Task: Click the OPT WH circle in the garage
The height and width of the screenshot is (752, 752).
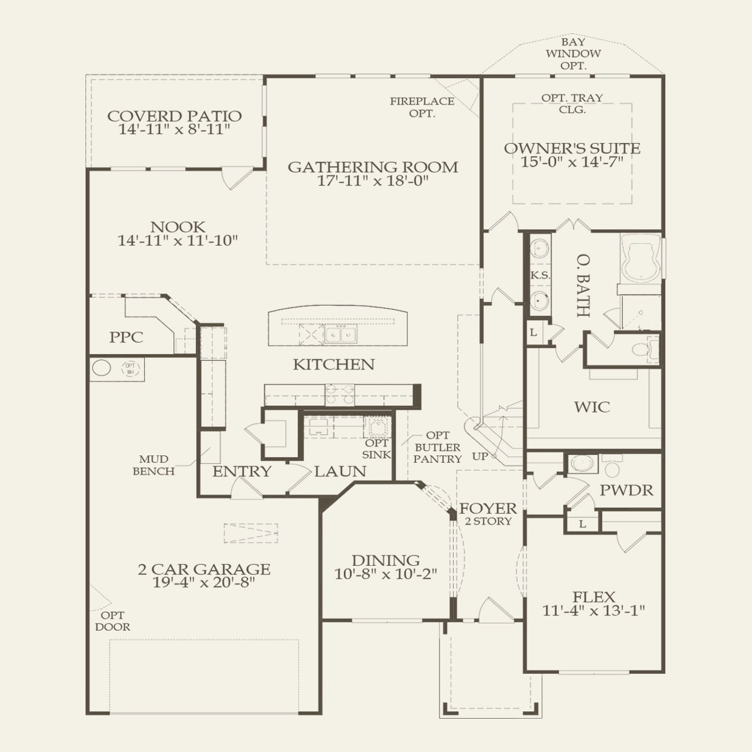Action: pos(130,368)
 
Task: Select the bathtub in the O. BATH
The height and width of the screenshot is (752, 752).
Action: pos(640,258)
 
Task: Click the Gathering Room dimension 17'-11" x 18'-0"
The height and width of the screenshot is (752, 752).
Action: pos(373,181)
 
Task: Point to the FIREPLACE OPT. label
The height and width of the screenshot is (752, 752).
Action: pos(422,107)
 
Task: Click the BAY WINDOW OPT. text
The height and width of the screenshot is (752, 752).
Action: pos(573,54)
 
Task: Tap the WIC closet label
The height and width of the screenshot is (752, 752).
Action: pos(592,407)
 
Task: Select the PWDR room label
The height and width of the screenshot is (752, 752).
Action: pos(626,491)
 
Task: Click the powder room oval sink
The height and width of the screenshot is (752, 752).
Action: pos(581,463)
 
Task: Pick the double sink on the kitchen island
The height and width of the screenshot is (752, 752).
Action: pos(341,334)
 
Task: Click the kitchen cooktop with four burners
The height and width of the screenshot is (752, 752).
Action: pos(340,395)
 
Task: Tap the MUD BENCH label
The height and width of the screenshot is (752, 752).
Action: pos(153,465)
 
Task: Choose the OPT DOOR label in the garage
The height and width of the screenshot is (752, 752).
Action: pos(112,621)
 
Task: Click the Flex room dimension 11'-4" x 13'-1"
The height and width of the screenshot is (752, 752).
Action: pos(593,611)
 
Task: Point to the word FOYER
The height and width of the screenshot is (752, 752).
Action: pos(488,508)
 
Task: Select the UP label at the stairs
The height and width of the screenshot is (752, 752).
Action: pos(480,456)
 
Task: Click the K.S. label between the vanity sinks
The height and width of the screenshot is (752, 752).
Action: pos(540,275)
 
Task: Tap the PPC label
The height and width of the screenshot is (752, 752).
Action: pos(126,337)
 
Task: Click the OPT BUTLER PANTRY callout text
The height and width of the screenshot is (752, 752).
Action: pos(437,447)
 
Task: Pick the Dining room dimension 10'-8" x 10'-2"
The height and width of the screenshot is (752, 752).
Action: pos(386,574)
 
